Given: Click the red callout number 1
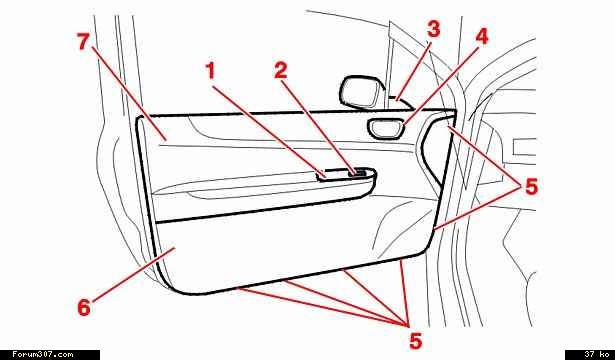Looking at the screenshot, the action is coord(211,71).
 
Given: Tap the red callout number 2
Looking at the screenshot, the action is coord(281,71).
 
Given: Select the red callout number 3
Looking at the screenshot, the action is coord(433,29).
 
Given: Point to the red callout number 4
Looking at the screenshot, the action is coord(482,36).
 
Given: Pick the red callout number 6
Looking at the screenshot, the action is coord(84,307).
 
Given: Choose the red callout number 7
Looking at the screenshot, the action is coord(83,42).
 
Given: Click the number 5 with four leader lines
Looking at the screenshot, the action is coord(415,340).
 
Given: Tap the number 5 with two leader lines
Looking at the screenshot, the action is coord(531,186).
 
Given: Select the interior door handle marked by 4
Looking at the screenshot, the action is coord(386,130).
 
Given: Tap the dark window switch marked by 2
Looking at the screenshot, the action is coord(358,172).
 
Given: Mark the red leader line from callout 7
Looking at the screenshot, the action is coord(130,93).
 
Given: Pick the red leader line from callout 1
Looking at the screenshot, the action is coord(270,131).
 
